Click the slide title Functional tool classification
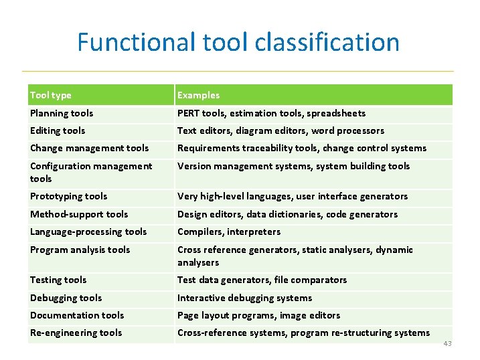[x=238, y=42]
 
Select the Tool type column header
[x=51, y=95]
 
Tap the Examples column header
[x=198, y=95]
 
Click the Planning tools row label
[x=62, y=113]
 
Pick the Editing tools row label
[x=58, y=130]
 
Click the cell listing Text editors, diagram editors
[x=281, y=130]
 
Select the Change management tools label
[x=89, y=148]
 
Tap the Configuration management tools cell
[x=90, y=172]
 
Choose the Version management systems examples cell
[x=293, y=166]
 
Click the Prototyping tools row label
[x=68, y=196]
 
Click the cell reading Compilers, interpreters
[x=228, y=232]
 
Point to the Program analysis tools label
[x=80, y=250]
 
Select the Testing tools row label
[x=58, y=280]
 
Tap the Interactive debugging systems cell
[x=244, y=298]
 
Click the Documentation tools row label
[x=77, y=315]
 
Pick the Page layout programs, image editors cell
[x=258, y=315]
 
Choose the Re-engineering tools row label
[x=76, y=333]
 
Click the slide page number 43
[x=448, y=343]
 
